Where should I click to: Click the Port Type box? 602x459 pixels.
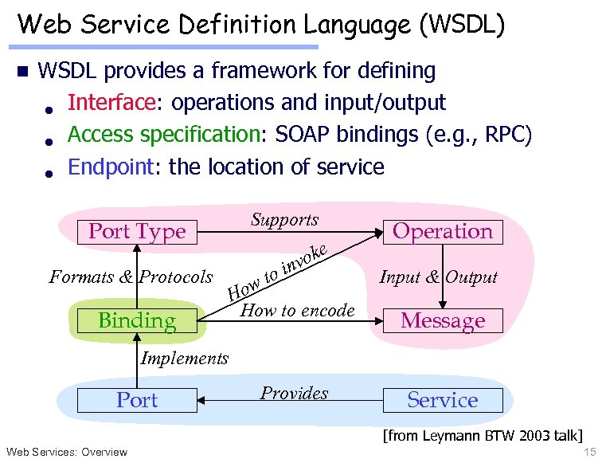point(137,232)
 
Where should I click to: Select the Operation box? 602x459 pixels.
point(443,232)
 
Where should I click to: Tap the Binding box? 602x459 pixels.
point(137,321)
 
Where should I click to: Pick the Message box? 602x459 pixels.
point(443,321)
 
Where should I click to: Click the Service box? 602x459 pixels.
point(443,400)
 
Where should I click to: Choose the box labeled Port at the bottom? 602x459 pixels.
point(137,400)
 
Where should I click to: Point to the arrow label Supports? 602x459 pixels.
point(284,220)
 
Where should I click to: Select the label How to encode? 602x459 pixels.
point(297,311)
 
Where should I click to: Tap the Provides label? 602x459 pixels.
point(295,393)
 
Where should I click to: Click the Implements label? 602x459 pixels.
point(184,359)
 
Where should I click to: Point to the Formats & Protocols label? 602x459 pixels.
point(131,277)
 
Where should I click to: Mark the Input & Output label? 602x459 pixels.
point(438,277)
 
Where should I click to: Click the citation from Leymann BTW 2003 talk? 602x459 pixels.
point(483,435)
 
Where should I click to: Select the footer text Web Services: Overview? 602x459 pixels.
point(66,452)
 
